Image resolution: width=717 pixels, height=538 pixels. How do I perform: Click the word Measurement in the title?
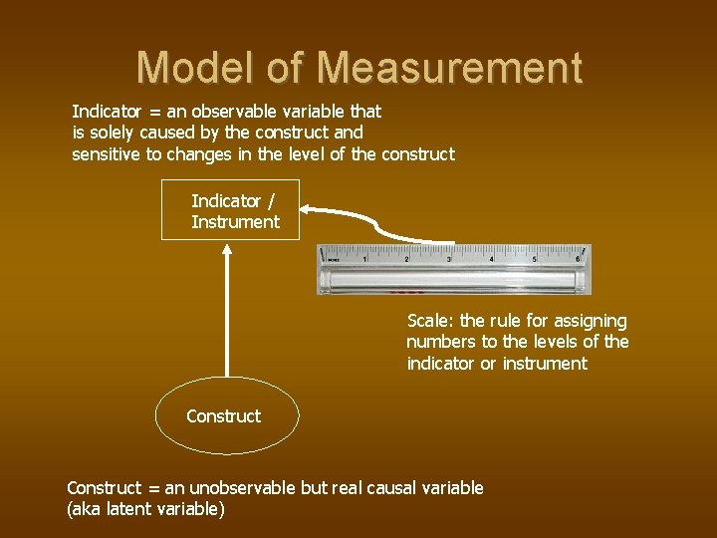[x=450, y=68]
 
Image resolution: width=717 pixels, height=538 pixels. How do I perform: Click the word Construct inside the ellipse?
[x=224, y=416]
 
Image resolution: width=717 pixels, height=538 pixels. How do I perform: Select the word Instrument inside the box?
[x=235, y=222]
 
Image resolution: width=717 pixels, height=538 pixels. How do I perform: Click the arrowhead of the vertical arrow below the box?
[x=228, y=250]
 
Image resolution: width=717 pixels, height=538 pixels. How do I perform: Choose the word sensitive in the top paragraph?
[x=107, y=154]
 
